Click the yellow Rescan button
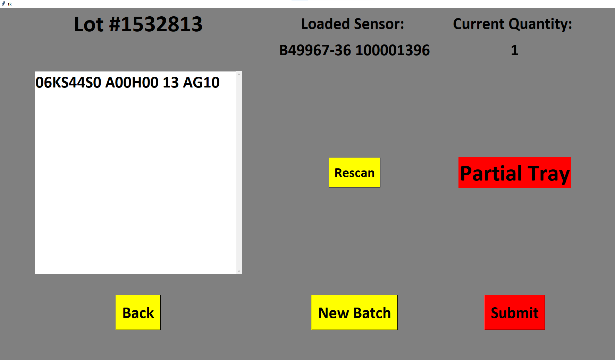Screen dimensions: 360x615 (354, 173)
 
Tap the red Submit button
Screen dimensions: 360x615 (514, 312)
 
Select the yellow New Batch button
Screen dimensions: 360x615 (354, 312)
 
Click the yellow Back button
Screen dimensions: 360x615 (138, 312)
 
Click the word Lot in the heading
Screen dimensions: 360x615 (89, 24)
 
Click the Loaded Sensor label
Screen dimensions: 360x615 (353, 24)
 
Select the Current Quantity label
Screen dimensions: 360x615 (512, 24)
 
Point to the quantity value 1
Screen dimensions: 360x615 (515, 50)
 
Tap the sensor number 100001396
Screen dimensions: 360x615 (393, 50)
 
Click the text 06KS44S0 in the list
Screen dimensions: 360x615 (68, 83)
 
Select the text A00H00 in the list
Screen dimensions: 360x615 (132, 83)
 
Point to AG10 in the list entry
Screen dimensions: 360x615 (201, 83)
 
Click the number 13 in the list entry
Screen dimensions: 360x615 (171, 83)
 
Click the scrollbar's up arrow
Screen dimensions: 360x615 (239, 74)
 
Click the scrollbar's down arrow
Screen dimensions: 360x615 (239, 271)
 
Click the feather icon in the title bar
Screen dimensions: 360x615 (3, 4)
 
